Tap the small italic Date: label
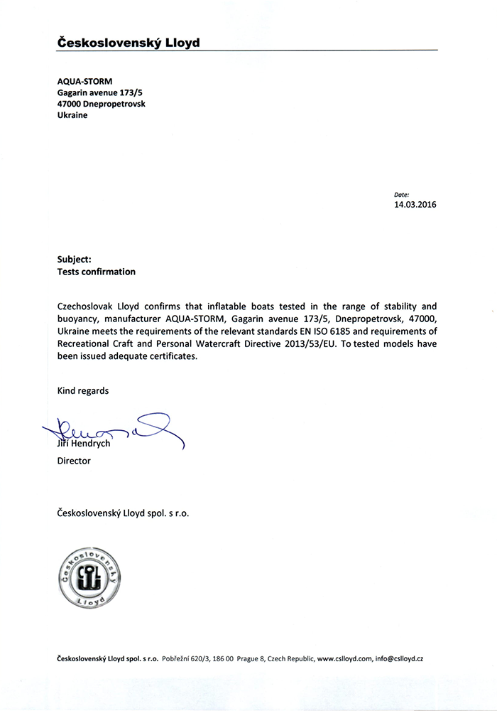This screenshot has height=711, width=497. point(401,194)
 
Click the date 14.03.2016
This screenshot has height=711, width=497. point(415,205)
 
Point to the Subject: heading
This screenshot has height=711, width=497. point(74,260)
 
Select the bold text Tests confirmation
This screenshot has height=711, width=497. point(96,272)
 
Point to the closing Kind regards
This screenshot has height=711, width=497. point(83,390)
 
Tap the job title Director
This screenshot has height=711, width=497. point(74,461)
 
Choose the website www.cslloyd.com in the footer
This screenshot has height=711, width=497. point(345,659)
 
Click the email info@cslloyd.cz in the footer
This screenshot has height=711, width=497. point(399,659)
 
